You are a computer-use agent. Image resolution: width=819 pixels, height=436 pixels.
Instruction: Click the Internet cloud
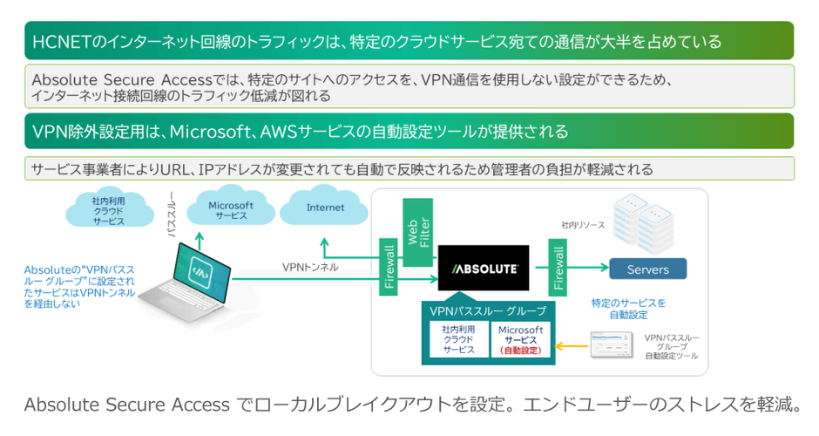click(325, 208)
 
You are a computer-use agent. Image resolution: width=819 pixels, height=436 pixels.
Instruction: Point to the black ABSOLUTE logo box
click(484, 269)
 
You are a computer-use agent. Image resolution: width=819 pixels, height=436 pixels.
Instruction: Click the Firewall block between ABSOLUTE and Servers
click(558, 269)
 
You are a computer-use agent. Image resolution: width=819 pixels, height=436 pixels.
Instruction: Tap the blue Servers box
click(647, 269)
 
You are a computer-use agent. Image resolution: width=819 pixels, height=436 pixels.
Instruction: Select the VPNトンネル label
click(310, 266)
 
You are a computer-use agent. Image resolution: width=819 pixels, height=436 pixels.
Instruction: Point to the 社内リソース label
click(583, 225)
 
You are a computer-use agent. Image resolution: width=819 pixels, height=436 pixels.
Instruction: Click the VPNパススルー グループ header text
click(488, 310)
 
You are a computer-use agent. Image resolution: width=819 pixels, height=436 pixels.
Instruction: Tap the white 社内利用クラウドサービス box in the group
click(457, 340)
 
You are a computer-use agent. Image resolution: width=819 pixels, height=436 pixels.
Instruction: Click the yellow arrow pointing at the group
click(572, 346)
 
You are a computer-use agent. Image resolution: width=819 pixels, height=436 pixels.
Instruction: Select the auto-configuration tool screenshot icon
click(613, 344)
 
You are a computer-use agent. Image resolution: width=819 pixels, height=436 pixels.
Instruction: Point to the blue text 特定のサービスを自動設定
click(628, 309)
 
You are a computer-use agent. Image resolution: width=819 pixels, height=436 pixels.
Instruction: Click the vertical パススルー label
click(172, 215)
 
